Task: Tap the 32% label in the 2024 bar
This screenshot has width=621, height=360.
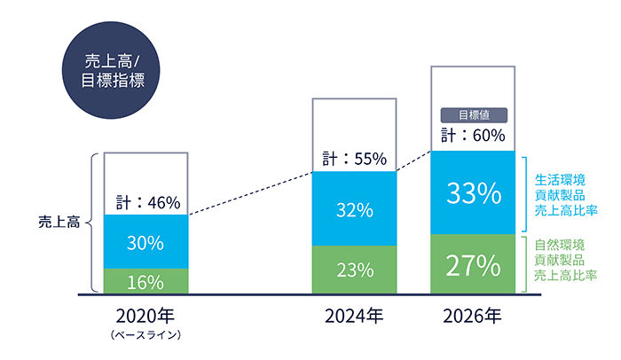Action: tap(353, 211)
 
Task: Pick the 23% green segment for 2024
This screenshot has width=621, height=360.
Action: tap(353, 270)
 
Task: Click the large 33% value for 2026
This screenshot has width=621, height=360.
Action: tap(473, 192)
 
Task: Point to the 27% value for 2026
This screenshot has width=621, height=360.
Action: tap(473, 264)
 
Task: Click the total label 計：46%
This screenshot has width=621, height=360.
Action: tap(147, 202)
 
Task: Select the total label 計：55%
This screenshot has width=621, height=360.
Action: tap(354, 160)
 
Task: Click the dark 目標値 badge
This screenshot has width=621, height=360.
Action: tap(473, 114)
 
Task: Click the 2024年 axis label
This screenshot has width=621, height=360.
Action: tap(353, 316)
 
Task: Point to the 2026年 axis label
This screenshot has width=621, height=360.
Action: tap(473, 316)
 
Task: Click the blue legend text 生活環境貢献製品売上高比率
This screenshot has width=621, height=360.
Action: tap(563, 195)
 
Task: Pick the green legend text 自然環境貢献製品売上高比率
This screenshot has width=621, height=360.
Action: tap(563, 261)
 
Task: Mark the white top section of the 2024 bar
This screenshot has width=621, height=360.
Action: tap(353, 124)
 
